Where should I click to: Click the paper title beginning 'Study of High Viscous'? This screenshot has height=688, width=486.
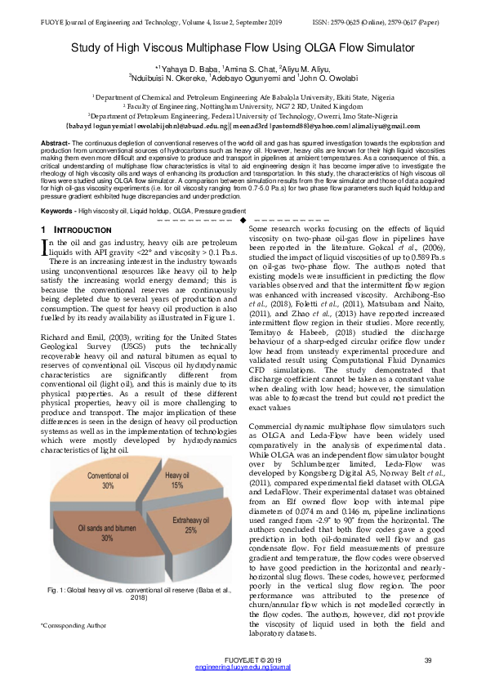coord(243,48)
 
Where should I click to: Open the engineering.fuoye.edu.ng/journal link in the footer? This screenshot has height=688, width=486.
coord(243,668)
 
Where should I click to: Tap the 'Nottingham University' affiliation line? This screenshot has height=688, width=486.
coord(243,106)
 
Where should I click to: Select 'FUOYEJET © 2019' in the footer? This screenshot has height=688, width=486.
coord(243,660)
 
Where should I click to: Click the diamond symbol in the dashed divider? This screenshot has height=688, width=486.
coord(243,221)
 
